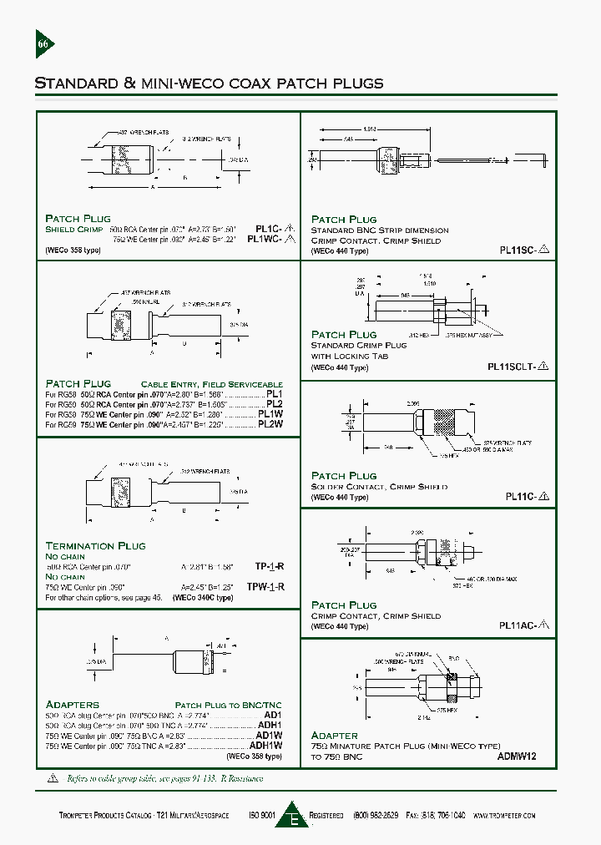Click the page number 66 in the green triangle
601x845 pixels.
[43, 44]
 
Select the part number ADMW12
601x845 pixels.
[517, 756]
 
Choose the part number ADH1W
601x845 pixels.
[267, 746]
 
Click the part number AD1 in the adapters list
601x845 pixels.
[273, 716]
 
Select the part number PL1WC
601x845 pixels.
[270, 239]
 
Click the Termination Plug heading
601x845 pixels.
[95, 545]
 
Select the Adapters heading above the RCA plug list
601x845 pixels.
[72, 704]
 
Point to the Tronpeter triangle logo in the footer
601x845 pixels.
[292, 814]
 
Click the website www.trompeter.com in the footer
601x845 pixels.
[503, 815]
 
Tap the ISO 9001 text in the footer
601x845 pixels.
[263, 815]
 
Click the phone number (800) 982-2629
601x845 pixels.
[376, 815]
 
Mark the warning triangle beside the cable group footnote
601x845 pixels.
[42, 777]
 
